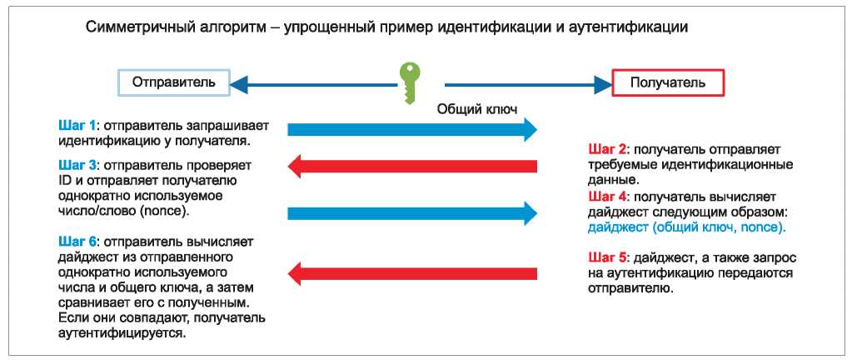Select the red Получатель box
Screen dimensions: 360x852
click(x=668, y=82)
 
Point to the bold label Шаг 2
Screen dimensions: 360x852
click(x=607, y=150)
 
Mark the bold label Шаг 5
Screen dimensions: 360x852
click(x=607, y=258)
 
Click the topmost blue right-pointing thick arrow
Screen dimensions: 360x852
click(x=412, y=129)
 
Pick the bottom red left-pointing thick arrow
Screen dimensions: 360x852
click(x=412, y=272)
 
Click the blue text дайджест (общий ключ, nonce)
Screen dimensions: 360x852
click(x=687, y=226)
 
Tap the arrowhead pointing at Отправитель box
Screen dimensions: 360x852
click(x=240, y=82)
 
